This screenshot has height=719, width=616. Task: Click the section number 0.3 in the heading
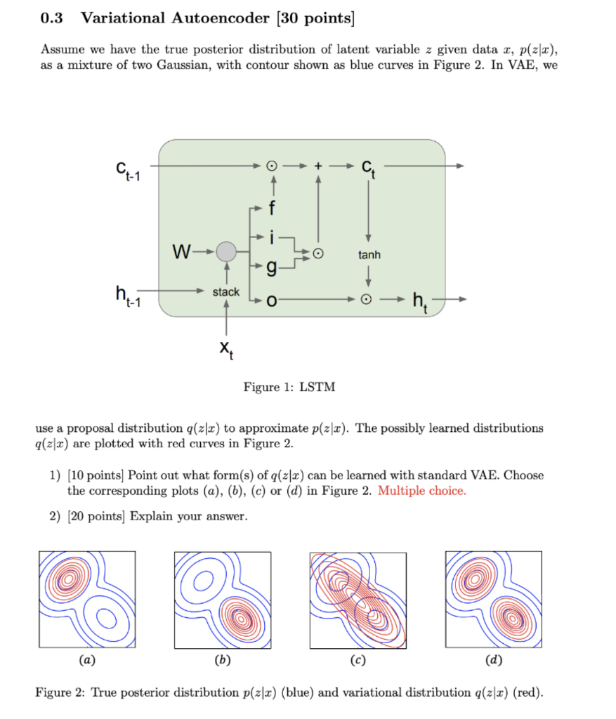51,18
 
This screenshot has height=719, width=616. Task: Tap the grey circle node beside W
226,252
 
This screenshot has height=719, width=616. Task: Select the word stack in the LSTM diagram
226,291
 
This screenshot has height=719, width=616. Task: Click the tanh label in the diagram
369,255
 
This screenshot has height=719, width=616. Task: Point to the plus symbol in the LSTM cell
318,166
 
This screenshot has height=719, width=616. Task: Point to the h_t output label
419,302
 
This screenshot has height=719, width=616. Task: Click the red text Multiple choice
421,491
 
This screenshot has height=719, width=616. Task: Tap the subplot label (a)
87,660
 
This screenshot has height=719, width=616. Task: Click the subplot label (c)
358,660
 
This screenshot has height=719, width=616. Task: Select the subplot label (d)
493,660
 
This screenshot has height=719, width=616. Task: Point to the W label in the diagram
182,251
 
